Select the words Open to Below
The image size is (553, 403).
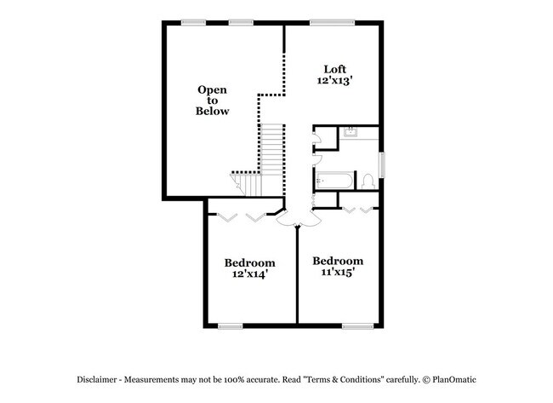213,100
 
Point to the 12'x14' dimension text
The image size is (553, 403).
250,274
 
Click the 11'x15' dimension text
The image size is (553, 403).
338,273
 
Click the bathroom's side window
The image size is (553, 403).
383,164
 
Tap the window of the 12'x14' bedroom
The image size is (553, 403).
231,325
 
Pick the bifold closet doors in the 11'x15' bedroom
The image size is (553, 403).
358,208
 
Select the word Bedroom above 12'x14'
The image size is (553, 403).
250,262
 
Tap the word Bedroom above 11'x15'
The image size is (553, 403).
338,260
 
